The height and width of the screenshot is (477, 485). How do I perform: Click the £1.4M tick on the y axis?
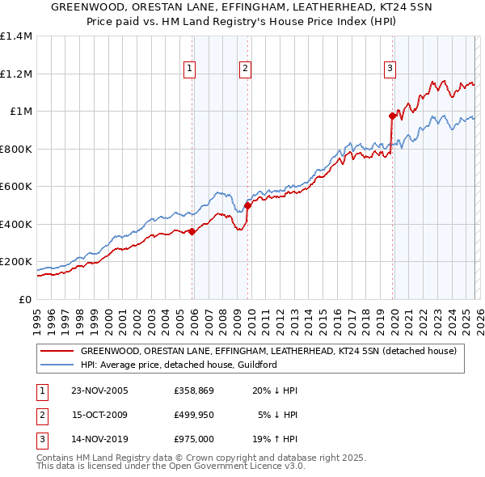[16, 36]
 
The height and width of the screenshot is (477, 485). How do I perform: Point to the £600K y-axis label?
[16, 187]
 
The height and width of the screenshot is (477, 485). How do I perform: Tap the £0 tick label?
[24, 300]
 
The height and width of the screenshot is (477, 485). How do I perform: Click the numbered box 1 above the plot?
[189, 70]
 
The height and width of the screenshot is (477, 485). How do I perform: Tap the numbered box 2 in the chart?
[244, 70]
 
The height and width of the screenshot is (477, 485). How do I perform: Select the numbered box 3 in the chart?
[390, 70]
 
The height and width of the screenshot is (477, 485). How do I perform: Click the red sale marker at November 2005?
[192, 232]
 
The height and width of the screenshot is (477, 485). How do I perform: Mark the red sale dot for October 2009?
[247, 205]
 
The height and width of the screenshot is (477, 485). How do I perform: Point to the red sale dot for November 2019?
[392, 116]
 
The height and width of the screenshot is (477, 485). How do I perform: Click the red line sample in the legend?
[57, 351]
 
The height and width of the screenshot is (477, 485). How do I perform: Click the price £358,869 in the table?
[194, 390]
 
